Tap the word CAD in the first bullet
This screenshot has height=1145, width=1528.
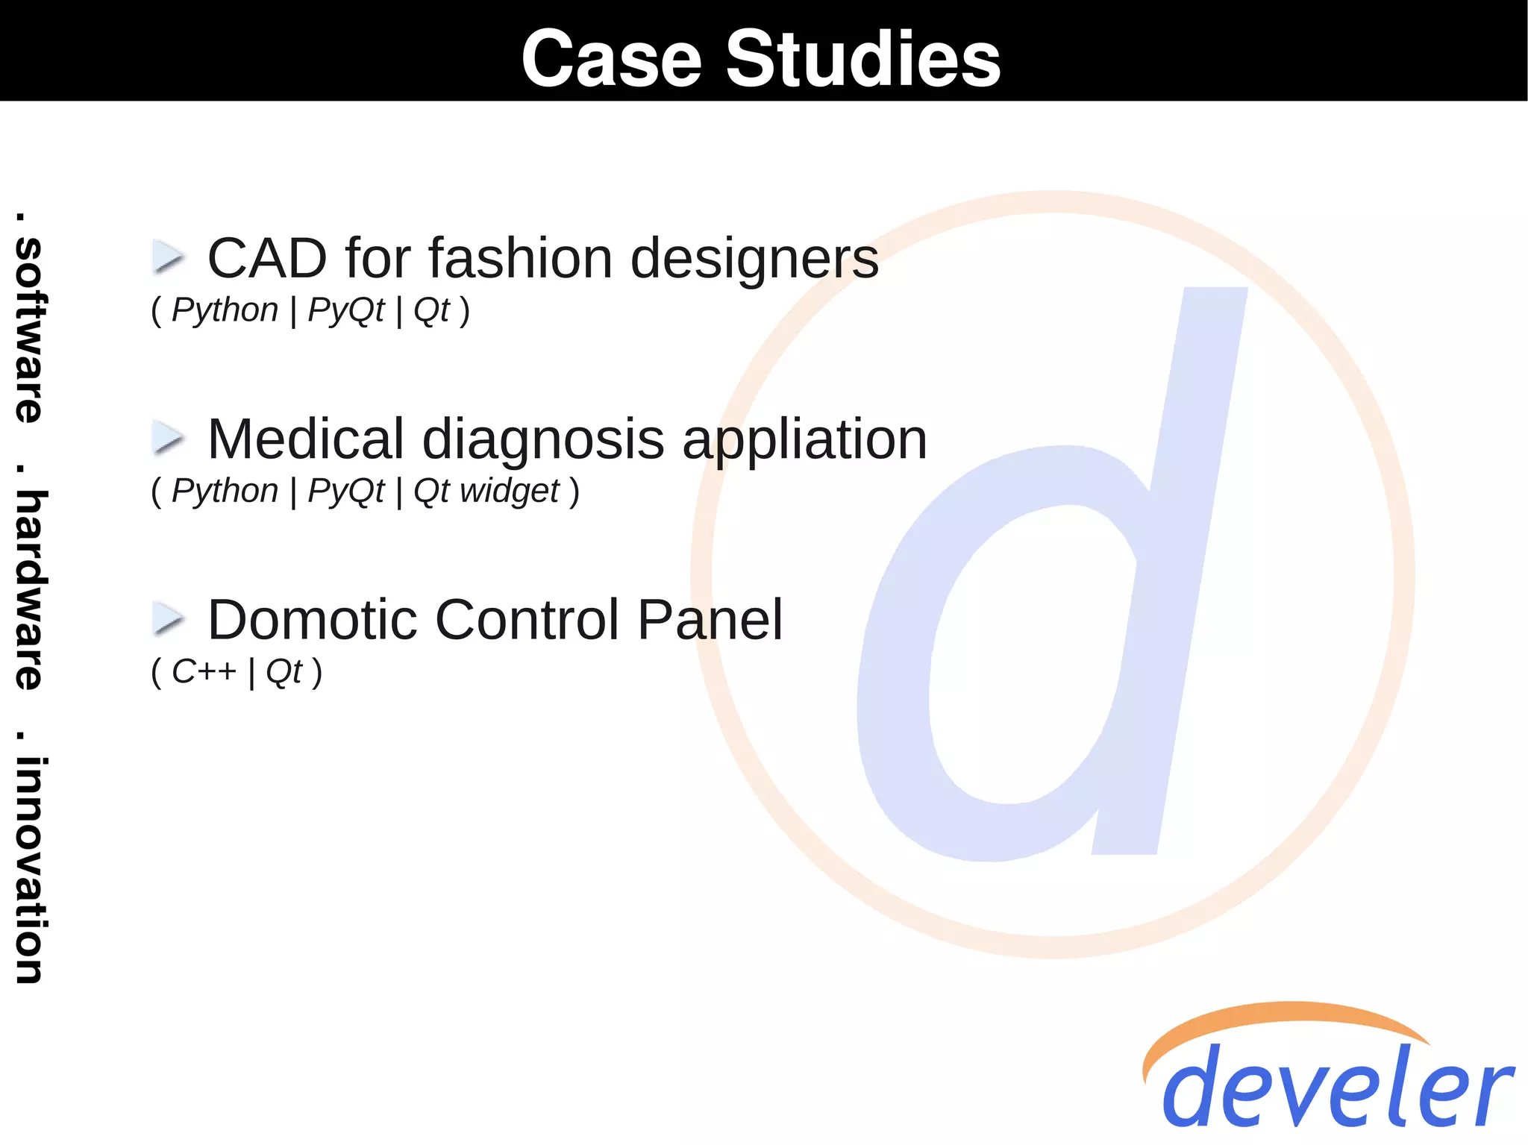click(266, 258)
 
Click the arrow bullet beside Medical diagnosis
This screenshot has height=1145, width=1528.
click(168, 438)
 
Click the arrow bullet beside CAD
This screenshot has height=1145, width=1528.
click(168, 257)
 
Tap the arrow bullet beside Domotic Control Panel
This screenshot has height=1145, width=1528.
click(168, 619)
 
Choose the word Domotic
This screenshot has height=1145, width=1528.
click(312, 620)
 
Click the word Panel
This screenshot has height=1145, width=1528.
click(710, 620)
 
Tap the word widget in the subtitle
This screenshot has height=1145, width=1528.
click(510, 492)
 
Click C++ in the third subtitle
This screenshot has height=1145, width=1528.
click(204, 672)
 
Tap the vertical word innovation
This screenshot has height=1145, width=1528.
click(30, 870)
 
